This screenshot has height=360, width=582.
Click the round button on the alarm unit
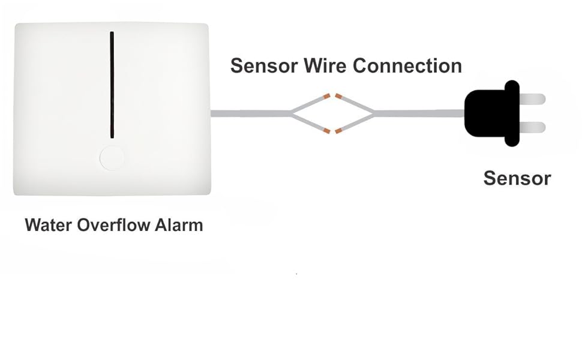112,158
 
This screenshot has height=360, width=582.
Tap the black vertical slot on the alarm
112,84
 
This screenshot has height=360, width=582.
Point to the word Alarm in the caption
179,226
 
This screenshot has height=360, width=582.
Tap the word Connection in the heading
407,65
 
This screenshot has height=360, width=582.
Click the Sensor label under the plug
517,178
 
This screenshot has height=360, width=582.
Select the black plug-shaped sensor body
489,113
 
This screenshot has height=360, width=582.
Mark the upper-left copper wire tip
326,96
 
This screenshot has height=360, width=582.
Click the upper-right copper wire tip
339,96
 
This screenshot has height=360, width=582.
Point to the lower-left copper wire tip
326,130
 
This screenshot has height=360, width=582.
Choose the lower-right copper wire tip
339,130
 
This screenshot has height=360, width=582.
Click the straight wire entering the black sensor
420,113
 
